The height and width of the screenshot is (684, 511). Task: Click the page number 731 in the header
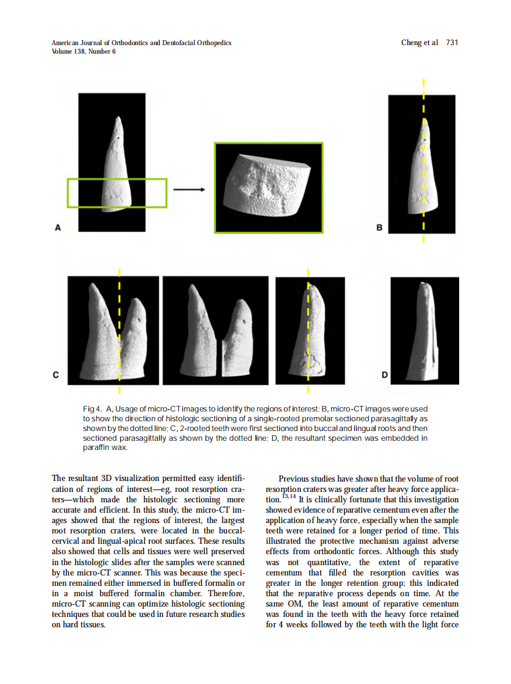pos(452,43)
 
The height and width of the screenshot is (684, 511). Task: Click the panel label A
pos(59,228)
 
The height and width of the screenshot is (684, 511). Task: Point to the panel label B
pos(379,228)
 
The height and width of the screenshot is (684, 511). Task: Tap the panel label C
pos(55,375)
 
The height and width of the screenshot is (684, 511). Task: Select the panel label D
pos(385,375)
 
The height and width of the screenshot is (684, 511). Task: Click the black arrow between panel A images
pos(189,189)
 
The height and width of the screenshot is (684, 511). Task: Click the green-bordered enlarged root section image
pos(268,188)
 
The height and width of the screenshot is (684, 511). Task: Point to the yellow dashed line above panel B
pos(423,85)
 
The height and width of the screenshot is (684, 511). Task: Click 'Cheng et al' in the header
pos(419,43)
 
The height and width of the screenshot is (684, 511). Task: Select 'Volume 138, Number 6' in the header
pos(84,51)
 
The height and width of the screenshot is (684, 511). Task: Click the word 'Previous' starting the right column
pos(294,480)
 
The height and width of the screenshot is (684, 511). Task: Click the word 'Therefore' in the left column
pos(225,593)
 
